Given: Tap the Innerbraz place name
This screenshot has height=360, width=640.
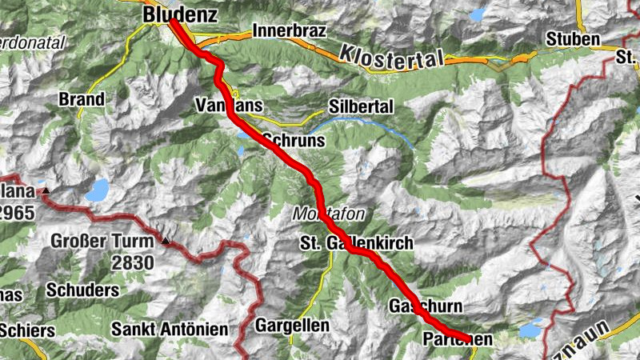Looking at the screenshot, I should (285, 31).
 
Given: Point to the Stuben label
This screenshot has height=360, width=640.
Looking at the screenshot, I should (573, 39).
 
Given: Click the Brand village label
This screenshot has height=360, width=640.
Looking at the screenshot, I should (82, 100).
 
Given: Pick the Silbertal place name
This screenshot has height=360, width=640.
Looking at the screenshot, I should (361, 106).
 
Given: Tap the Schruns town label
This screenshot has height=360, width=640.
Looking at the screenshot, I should (293, 140).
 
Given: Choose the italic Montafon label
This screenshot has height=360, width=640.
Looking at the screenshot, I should (329, 214).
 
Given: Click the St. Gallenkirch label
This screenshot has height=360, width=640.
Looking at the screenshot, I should (357, 242).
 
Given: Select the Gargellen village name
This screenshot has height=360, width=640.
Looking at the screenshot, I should (292, 326).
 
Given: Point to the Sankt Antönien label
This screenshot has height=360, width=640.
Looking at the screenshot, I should (170, 329).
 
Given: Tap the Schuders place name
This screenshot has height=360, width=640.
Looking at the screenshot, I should (83, 290).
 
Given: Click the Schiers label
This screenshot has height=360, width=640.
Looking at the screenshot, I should (27, 330).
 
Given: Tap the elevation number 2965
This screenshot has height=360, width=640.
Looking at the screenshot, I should (18, 212).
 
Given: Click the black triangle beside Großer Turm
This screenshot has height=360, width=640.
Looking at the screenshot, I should (166, 239).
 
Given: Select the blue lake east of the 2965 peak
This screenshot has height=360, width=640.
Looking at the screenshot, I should (98, 190).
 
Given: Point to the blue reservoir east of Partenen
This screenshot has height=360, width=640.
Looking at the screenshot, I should (529, 330).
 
